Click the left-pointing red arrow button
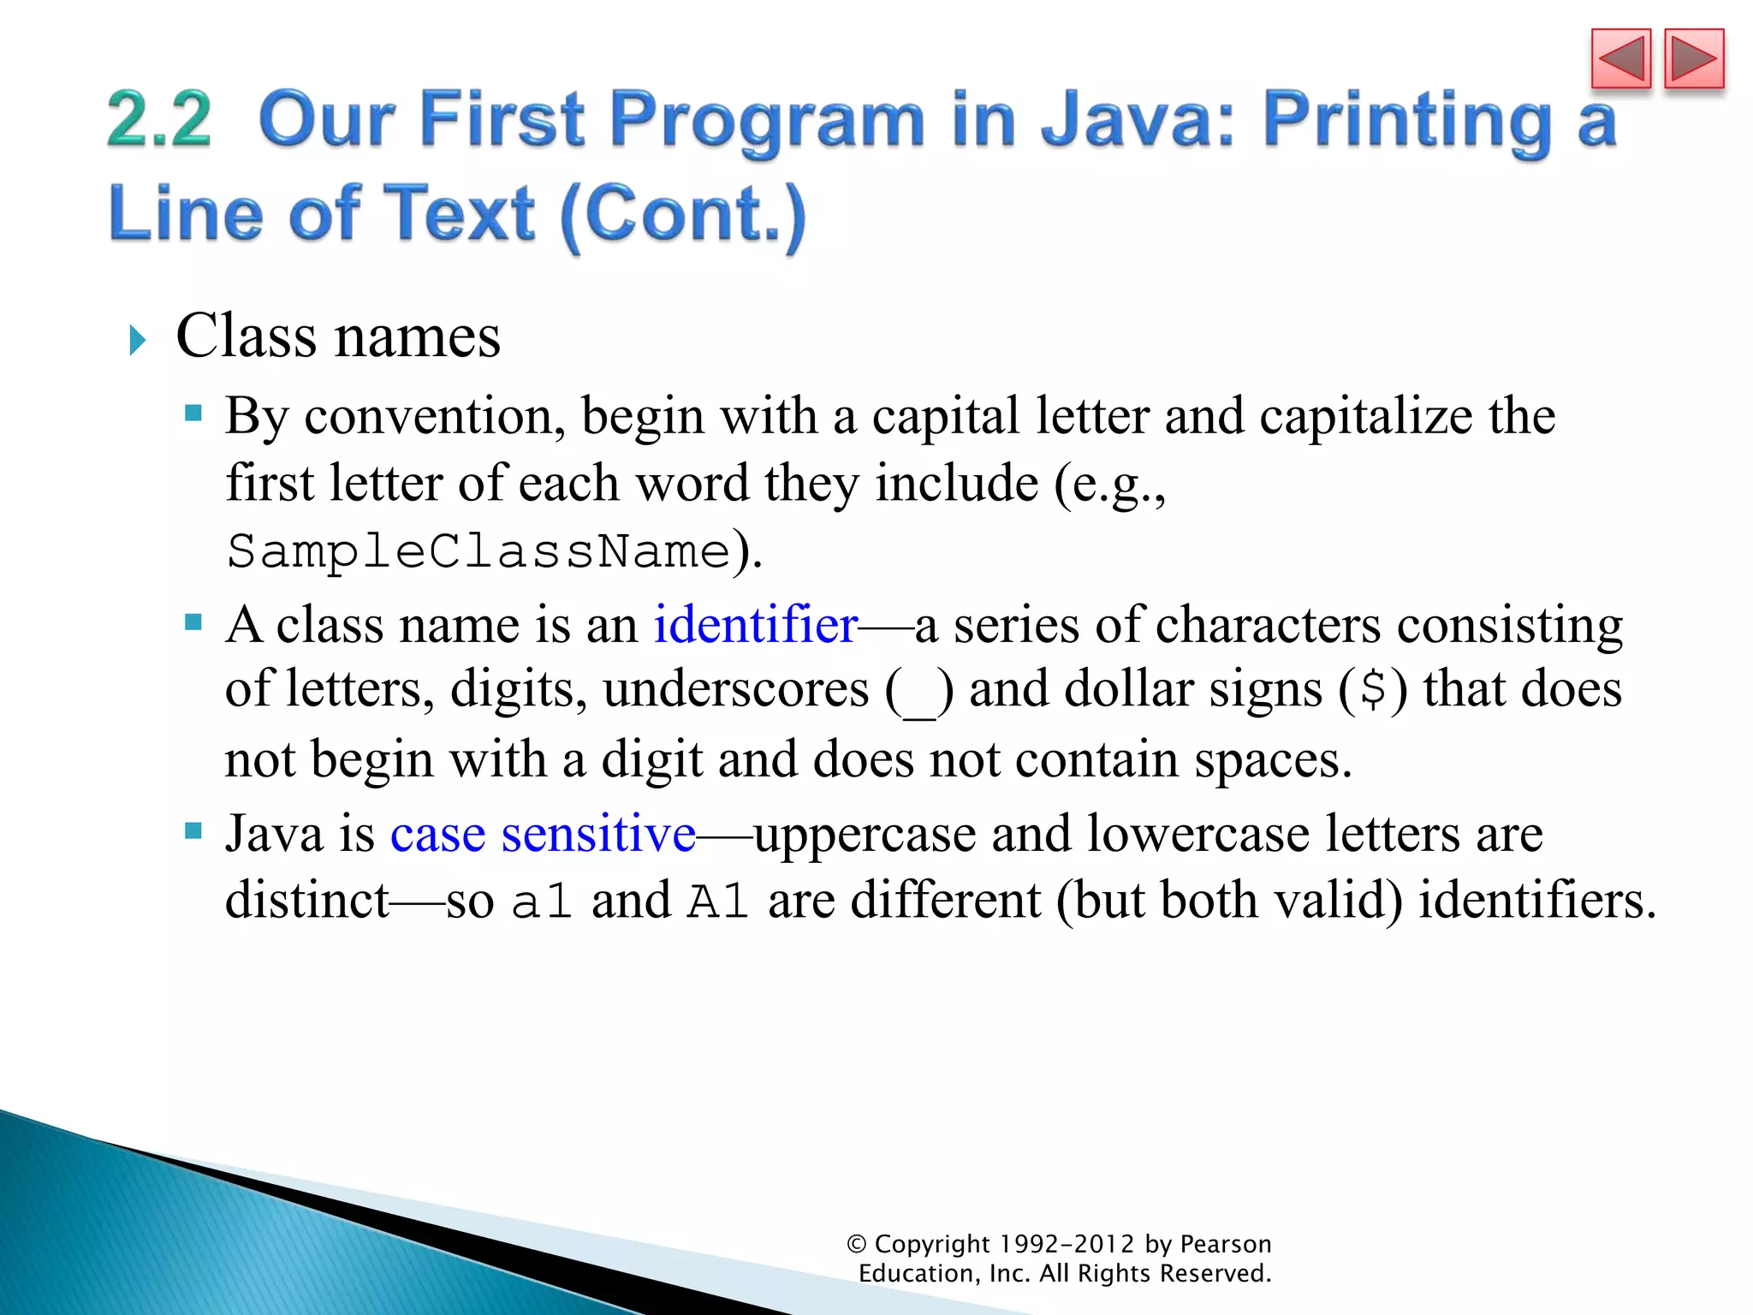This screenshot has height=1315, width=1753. click(1620, 59)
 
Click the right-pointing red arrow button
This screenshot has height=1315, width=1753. click(1694, 59)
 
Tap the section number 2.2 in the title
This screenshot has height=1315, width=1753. click(159, 120)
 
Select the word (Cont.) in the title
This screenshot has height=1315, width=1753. click(683, 214)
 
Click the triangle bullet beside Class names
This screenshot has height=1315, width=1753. click(137, 340)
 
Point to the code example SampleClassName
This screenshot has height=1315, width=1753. click(478, 550)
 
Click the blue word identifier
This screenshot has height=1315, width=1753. click(755, 624)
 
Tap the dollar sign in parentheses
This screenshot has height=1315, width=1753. click(1373, 690)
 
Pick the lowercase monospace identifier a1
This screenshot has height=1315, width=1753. click(542, 901)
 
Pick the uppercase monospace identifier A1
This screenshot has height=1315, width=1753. click(719, 901)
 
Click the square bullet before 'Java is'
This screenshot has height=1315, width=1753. click(193, 830)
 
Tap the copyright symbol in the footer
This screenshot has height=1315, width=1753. click(856, 1244)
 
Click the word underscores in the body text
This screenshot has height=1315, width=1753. click(735, 690)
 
